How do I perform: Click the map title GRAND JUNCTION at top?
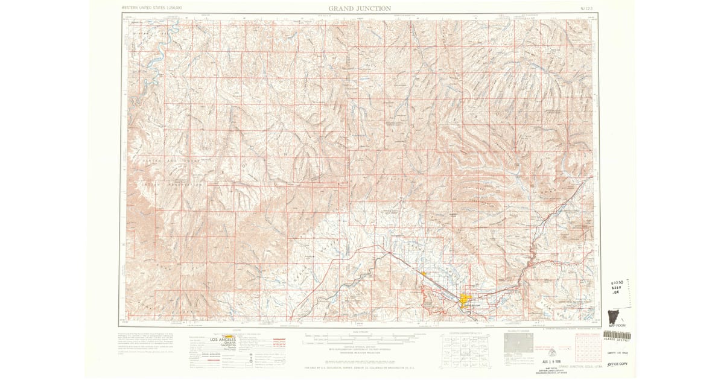pos(360,8)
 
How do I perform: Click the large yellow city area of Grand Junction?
pos(466,300)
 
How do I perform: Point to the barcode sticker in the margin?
pos(617,335)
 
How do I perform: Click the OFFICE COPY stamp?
pos(616,364)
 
